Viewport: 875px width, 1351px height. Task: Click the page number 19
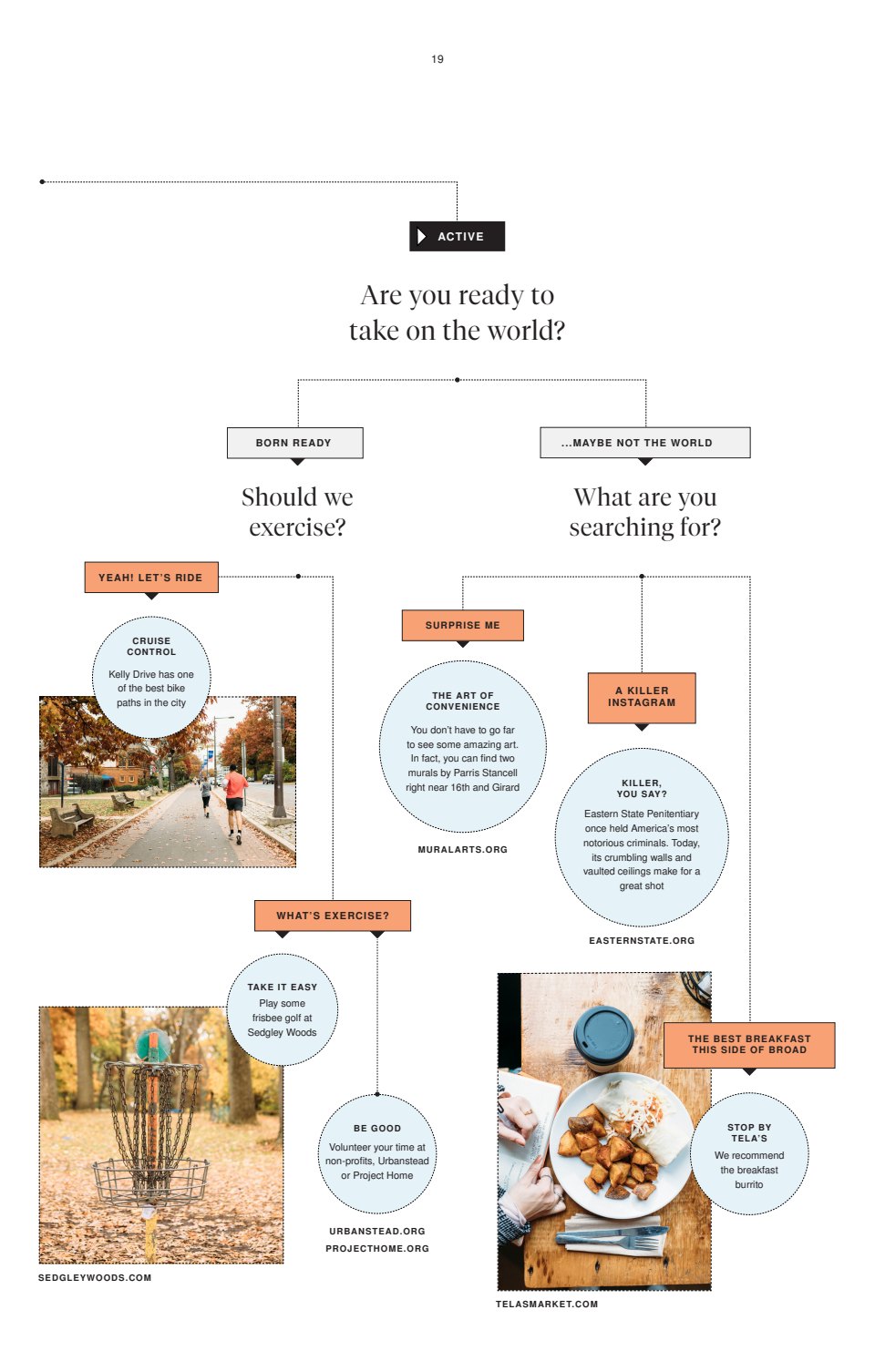click(x=437, y=59)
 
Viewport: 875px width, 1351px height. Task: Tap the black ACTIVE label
click(x=457, y=236)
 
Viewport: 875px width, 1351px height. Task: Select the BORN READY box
click(x=294, y=443)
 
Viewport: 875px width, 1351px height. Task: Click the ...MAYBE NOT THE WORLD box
click(x=644, y=443)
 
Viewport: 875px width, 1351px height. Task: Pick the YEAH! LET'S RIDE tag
click(x=151, y=578)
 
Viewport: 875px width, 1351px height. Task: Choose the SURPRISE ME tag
click(x=463, y=625)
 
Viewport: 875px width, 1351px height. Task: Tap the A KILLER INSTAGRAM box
click(x=642, y=697)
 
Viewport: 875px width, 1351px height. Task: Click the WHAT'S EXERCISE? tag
click(x=333, y=916)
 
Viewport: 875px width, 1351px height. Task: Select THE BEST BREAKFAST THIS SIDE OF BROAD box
click(x=749, y=1044)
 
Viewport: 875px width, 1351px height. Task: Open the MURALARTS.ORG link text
click(x=463, y=849)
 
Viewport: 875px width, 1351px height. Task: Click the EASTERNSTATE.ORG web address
click(x=642, y=940)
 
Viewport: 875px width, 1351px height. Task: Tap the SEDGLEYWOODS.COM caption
click(x=95, y=1277)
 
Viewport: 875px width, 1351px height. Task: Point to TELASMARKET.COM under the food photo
click(x=547, y=1304)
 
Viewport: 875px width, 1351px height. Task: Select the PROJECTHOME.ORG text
click(x=377, y=1248)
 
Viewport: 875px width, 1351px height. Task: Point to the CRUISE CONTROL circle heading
click(x=151, y=646)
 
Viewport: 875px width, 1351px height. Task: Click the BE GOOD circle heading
click(x=377, y=1128)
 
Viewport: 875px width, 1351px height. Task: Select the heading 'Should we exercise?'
click(x=297, y=512)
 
